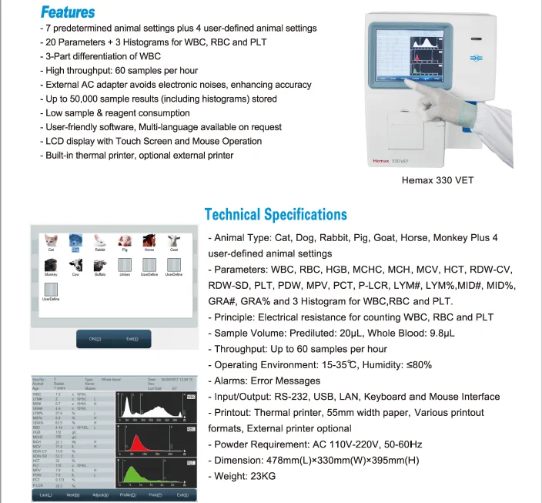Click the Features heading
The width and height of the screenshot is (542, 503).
tap(68, 12)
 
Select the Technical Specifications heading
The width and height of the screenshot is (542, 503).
tap(276, 214)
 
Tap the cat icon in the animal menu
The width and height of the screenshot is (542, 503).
tap(51, 240)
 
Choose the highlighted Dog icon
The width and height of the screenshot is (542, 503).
tap(75, 241)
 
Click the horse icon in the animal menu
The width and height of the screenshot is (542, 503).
tap(149, 240)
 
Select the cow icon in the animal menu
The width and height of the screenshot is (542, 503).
tap(75, 264)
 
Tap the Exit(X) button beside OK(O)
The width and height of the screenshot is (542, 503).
tap(132, 339)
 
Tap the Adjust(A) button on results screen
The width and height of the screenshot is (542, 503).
tap(100, 495)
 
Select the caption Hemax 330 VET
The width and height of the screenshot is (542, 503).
tap(438, 181)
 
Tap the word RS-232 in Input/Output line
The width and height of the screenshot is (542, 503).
tap(304, 397)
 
